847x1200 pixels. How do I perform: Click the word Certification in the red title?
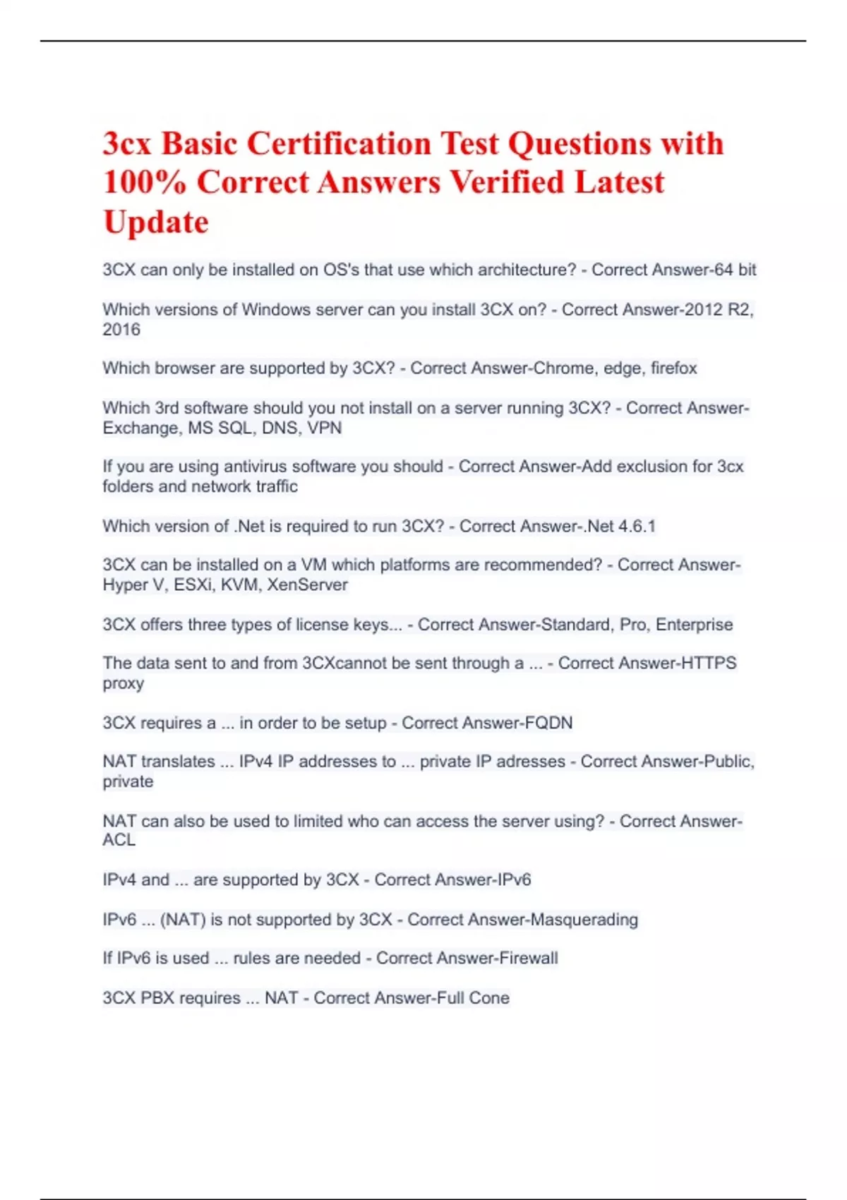(339, 144)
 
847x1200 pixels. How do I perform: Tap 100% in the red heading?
(144, 183)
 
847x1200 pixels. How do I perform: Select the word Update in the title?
(156, 222)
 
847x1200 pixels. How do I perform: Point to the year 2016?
(121, 330)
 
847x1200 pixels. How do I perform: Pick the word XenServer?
(307, 585)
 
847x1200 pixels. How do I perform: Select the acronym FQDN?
(548, 723)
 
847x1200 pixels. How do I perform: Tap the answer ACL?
(119, 840)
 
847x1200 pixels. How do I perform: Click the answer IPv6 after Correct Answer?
(507, 880)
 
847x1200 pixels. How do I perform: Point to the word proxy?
(124, 684)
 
